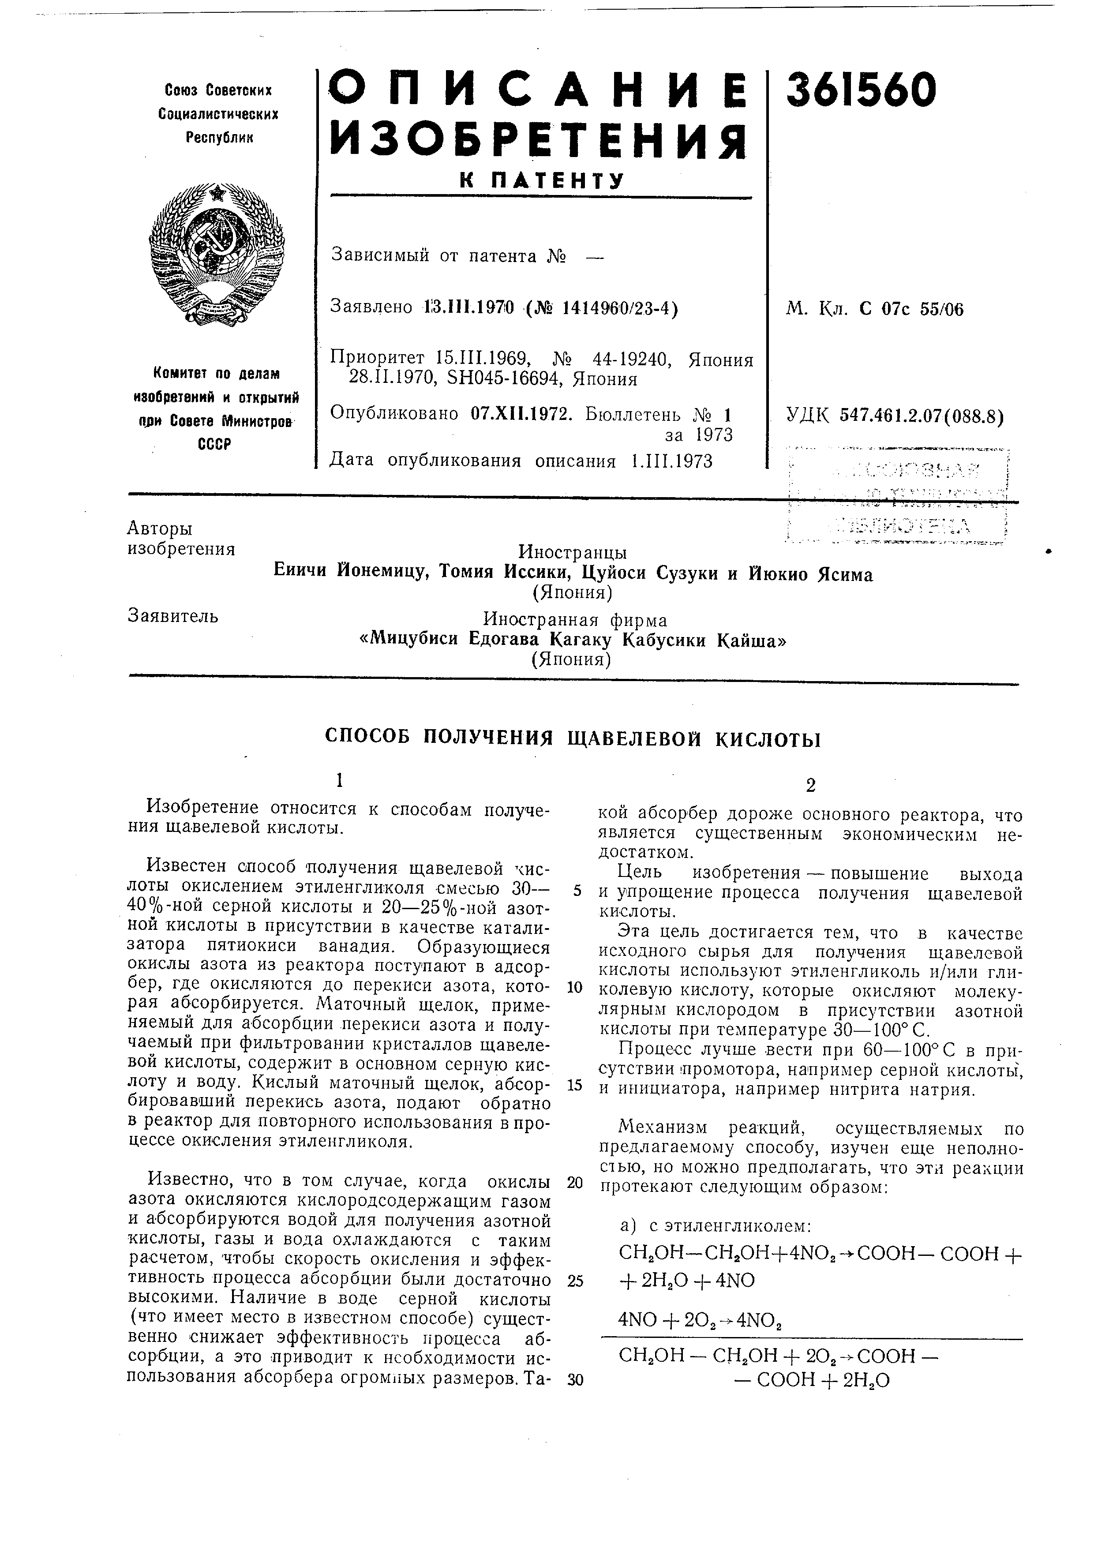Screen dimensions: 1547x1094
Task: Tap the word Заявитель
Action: [172, 616]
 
